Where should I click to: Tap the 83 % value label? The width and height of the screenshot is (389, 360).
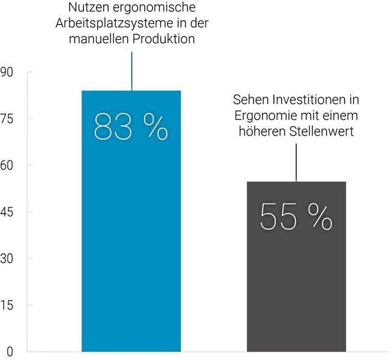131,126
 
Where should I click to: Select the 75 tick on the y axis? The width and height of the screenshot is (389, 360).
9,119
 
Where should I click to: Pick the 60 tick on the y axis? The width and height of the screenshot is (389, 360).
9,166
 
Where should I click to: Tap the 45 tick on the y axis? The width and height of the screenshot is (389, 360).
9,212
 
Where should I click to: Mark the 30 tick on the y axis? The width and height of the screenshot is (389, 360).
9,259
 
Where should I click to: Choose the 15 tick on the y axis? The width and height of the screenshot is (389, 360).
9,305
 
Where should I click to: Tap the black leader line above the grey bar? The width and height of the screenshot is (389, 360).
296,162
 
